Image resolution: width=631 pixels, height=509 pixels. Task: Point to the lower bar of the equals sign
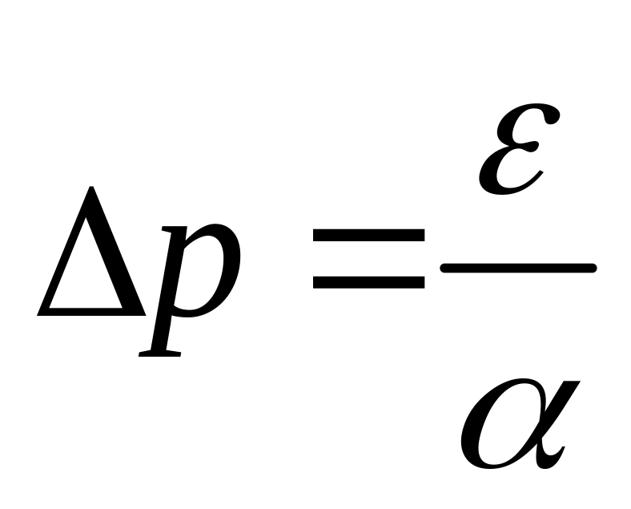coord(369,281)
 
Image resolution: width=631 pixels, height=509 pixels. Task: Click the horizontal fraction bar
coord(519,268)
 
